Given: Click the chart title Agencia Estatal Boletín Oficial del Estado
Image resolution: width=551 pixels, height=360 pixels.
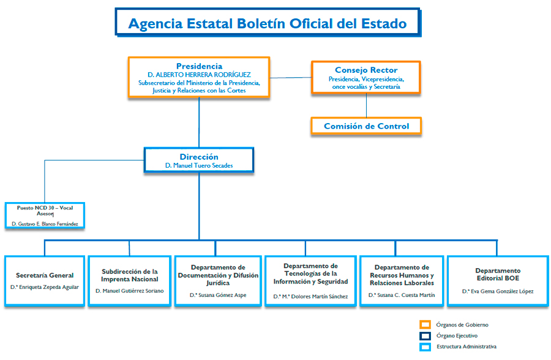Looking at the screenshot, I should pyautogui.click(x=268, y=24).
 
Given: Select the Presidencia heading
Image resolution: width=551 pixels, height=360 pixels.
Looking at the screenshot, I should pyautogui.click(x=199, y=66).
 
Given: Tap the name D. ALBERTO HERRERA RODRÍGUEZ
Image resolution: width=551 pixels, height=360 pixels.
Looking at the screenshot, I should pyautogui.click(x=199, y=75).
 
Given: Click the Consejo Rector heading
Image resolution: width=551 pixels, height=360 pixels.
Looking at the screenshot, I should pyautogui.click(x=366, y=70).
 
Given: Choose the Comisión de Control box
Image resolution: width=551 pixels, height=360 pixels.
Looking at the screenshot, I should pyautogui.click(x=366, y=126).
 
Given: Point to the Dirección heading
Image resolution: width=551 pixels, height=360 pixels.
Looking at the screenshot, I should pyautogui.click(x=199, y=157).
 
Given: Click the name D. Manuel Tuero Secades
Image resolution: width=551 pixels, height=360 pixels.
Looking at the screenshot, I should pyautogui.click(x=199, y=166).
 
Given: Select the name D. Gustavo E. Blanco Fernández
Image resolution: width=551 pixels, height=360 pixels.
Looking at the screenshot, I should pyautogui.click(x=45, y=224).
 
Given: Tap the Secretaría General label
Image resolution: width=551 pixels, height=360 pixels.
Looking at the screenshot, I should pyautogui.click(x=45, y=276).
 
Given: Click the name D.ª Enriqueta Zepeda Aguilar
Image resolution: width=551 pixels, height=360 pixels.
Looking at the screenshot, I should pyautogui.click(x=45, y=287).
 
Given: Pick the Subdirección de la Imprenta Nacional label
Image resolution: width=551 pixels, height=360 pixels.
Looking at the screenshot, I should pyautogui.click(x=130, y=275).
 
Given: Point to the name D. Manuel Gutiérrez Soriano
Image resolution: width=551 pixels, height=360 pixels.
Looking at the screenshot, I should pyautogui.click(x=130, y=291).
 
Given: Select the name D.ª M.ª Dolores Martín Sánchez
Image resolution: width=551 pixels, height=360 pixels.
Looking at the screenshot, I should pyautogui.click(x=310, y=296).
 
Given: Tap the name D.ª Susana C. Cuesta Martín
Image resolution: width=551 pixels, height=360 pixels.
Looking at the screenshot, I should pyautogui.click(x=402, y=295).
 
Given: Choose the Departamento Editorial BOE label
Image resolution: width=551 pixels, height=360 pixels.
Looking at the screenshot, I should pyautogui.click(x=498, y=274).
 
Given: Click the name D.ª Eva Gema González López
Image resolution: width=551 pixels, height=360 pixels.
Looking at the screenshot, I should pyautogui.click(x=498, y=291).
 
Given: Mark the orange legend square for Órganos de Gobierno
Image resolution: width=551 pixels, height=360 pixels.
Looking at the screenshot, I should pyautogui.click(x=425, y=324).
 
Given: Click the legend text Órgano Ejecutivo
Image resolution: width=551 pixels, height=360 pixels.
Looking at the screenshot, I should pyautogui.click(x=457, y=336).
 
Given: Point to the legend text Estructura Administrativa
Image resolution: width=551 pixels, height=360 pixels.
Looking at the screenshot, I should pyautogui.click(x=467, y=347).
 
